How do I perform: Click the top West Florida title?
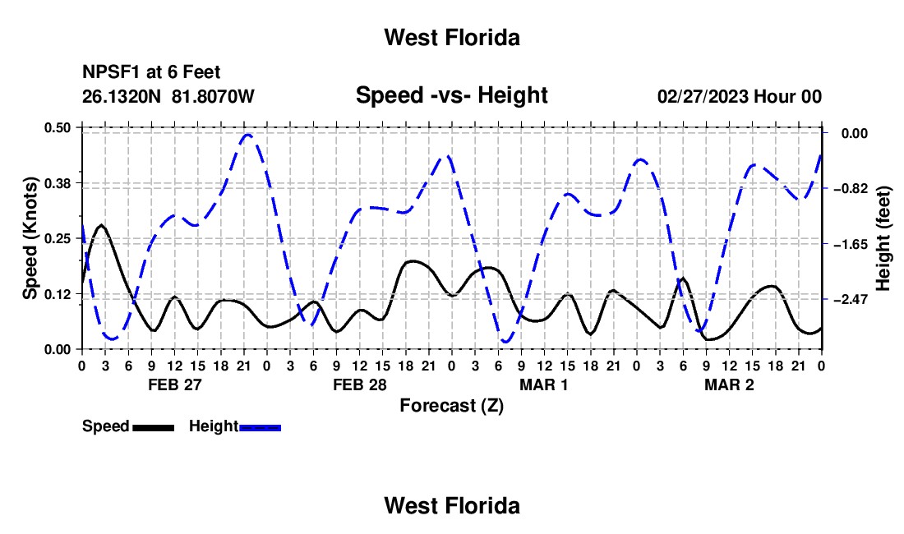tap(452, 38)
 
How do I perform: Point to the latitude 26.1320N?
tap(122, 96)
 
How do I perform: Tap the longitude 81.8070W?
tap(213, 96)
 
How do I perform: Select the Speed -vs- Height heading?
tap(451, 95)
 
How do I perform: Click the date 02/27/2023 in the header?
tap(703, 96)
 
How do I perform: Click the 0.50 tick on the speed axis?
tap(58, 127)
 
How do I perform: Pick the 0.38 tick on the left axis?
tap(58, 183)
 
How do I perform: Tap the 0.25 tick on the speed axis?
tap(58, 238)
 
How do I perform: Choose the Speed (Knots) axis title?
tap(30, 238)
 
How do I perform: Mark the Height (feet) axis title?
tap(883, 238)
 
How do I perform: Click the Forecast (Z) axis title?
tap(451, 406)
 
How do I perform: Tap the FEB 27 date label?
tap(175, 384)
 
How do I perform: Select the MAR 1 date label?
tap(544, 384)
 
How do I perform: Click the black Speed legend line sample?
tap(154, 427)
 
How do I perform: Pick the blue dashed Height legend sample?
tap(260, 427)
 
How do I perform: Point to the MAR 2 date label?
tap(729, 384)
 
